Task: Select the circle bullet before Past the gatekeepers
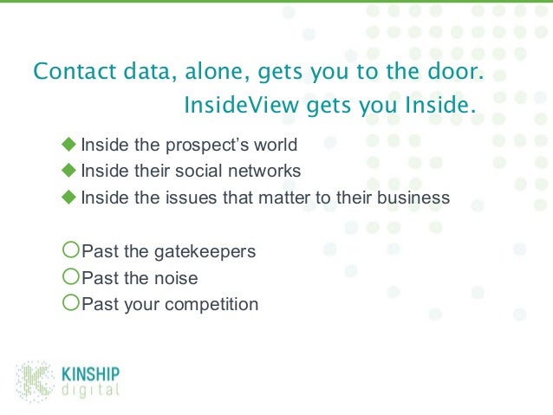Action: [x=71, y=251]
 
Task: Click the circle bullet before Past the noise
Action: [x=71, y=277]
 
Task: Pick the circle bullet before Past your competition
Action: [x=71, y=304]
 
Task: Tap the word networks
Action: [x=264, y=171]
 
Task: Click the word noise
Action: [x=177, y=278]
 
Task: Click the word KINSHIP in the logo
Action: [x=91, y=374]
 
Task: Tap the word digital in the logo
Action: [x=90, y=390]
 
